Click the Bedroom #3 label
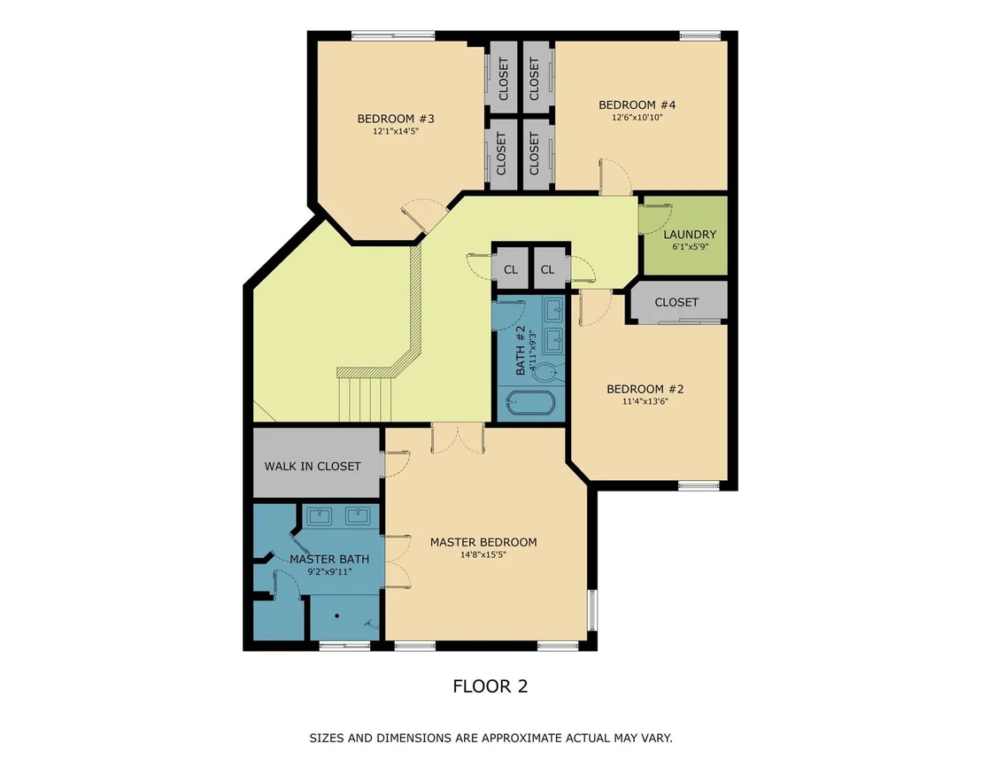(396, 119)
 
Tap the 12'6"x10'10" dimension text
(637, 117)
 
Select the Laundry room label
(690, 234)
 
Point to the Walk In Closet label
(313, 466)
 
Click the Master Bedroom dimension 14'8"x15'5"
(483, 554)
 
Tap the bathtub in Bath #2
(530, 403)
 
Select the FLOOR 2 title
(490, 685)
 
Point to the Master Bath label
(329, 559)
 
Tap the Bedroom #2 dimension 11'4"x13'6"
(645, 401)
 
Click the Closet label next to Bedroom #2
(676, 302)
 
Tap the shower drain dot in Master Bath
(336, 616)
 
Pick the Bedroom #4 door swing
(615, 176)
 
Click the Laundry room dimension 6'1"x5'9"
(690, 246)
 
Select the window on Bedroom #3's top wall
(393, 35)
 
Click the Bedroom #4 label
(637, 105)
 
